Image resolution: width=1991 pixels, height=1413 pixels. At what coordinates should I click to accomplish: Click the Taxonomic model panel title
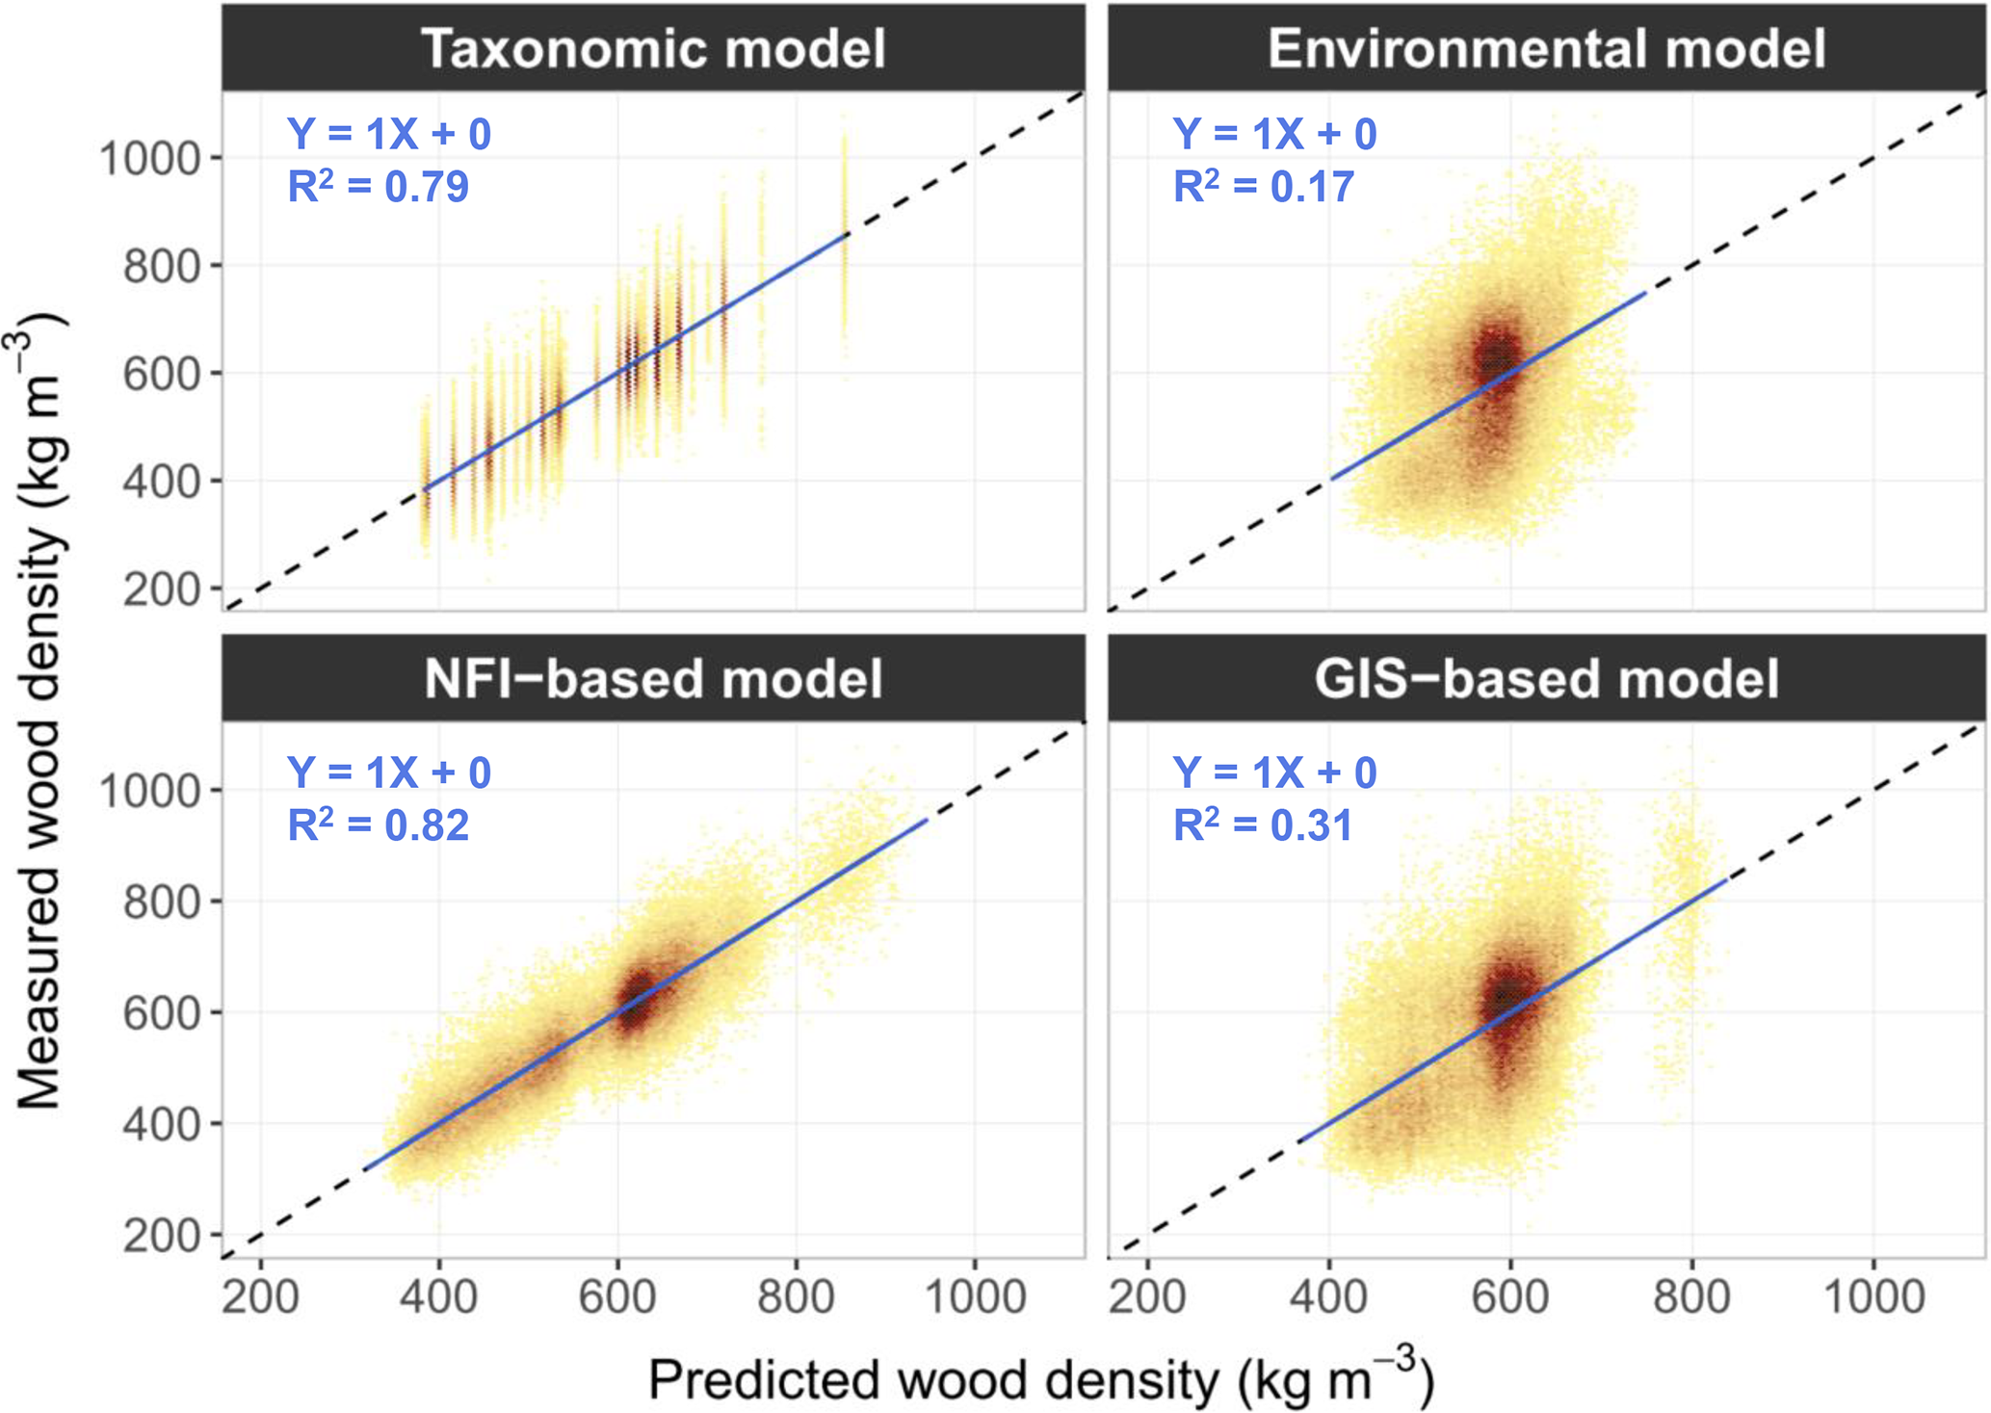click(653, 48)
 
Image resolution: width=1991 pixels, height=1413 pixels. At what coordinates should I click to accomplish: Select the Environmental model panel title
click(1546, 48)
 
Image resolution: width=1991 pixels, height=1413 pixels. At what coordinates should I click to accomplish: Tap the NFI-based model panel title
click(653, 678)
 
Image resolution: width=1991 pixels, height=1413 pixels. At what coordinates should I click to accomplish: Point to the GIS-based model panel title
click(1546, 678)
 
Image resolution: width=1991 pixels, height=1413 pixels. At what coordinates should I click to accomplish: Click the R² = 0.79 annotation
click(379, 186)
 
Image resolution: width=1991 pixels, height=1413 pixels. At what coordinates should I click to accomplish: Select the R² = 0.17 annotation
click(1264, 186)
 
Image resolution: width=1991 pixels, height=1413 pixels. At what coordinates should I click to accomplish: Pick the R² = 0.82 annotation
click(379, 825)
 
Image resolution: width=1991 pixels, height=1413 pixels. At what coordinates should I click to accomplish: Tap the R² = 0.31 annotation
click(1264, 825)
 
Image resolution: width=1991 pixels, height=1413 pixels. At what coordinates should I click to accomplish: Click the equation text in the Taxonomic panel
click(389, 134)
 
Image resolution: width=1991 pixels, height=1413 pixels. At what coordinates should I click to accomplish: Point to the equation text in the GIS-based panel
click(1274, 772)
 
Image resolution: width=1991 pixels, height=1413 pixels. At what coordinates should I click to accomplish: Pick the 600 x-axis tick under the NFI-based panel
click(617, 1297)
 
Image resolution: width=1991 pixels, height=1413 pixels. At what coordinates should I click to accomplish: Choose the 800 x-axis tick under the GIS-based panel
click(1691, 1297)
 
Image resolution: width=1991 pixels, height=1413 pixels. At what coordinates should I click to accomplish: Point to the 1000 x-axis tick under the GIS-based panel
click(1873, 1297)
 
